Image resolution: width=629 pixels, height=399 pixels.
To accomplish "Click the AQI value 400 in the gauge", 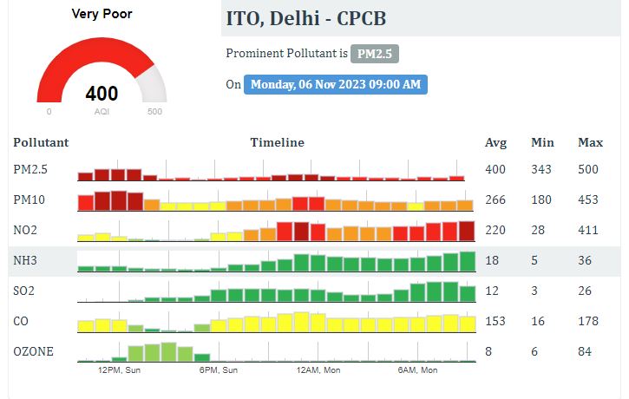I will (x=102, y=94).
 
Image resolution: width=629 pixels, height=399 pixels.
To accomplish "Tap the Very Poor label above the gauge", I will (x=102, y=14).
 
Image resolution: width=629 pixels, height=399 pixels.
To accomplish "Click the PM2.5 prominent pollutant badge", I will (x=375, y=54).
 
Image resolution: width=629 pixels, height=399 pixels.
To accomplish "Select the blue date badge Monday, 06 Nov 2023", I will (x=336, y=84).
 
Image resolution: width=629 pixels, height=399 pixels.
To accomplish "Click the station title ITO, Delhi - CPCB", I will (x=305, y=19).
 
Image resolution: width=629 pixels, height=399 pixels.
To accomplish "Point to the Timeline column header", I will (x=277, y=142).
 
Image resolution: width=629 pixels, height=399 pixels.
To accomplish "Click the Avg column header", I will (x=495, y=142).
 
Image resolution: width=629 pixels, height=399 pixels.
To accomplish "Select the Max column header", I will (x=590, y=142).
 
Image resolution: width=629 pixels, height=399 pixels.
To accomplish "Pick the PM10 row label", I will (x=29, y=199).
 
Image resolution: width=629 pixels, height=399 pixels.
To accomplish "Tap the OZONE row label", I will (x=33, y=351).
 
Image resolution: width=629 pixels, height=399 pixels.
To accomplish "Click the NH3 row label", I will (x=25, y=260).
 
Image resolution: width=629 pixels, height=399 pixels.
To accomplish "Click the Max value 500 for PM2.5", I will (x=589, y=169).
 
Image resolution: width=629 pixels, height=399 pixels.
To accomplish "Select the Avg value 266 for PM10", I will (x=495, y=199).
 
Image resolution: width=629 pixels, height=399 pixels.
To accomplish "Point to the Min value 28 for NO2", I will (x=538, y=230).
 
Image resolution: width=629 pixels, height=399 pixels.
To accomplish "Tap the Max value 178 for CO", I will (x=588, y=321).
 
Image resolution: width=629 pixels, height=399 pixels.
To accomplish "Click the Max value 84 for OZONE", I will (x=585, y=351).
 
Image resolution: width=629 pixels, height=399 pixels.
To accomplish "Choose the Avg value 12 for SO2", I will (x=491, y=291).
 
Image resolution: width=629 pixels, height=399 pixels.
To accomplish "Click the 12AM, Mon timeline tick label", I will (x=318, y=370).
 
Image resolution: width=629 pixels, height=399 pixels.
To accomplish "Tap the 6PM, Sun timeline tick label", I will (x=219, y=370).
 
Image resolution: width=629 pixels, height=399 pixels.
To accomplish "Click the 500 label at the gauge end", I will (x=155, y=112).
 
